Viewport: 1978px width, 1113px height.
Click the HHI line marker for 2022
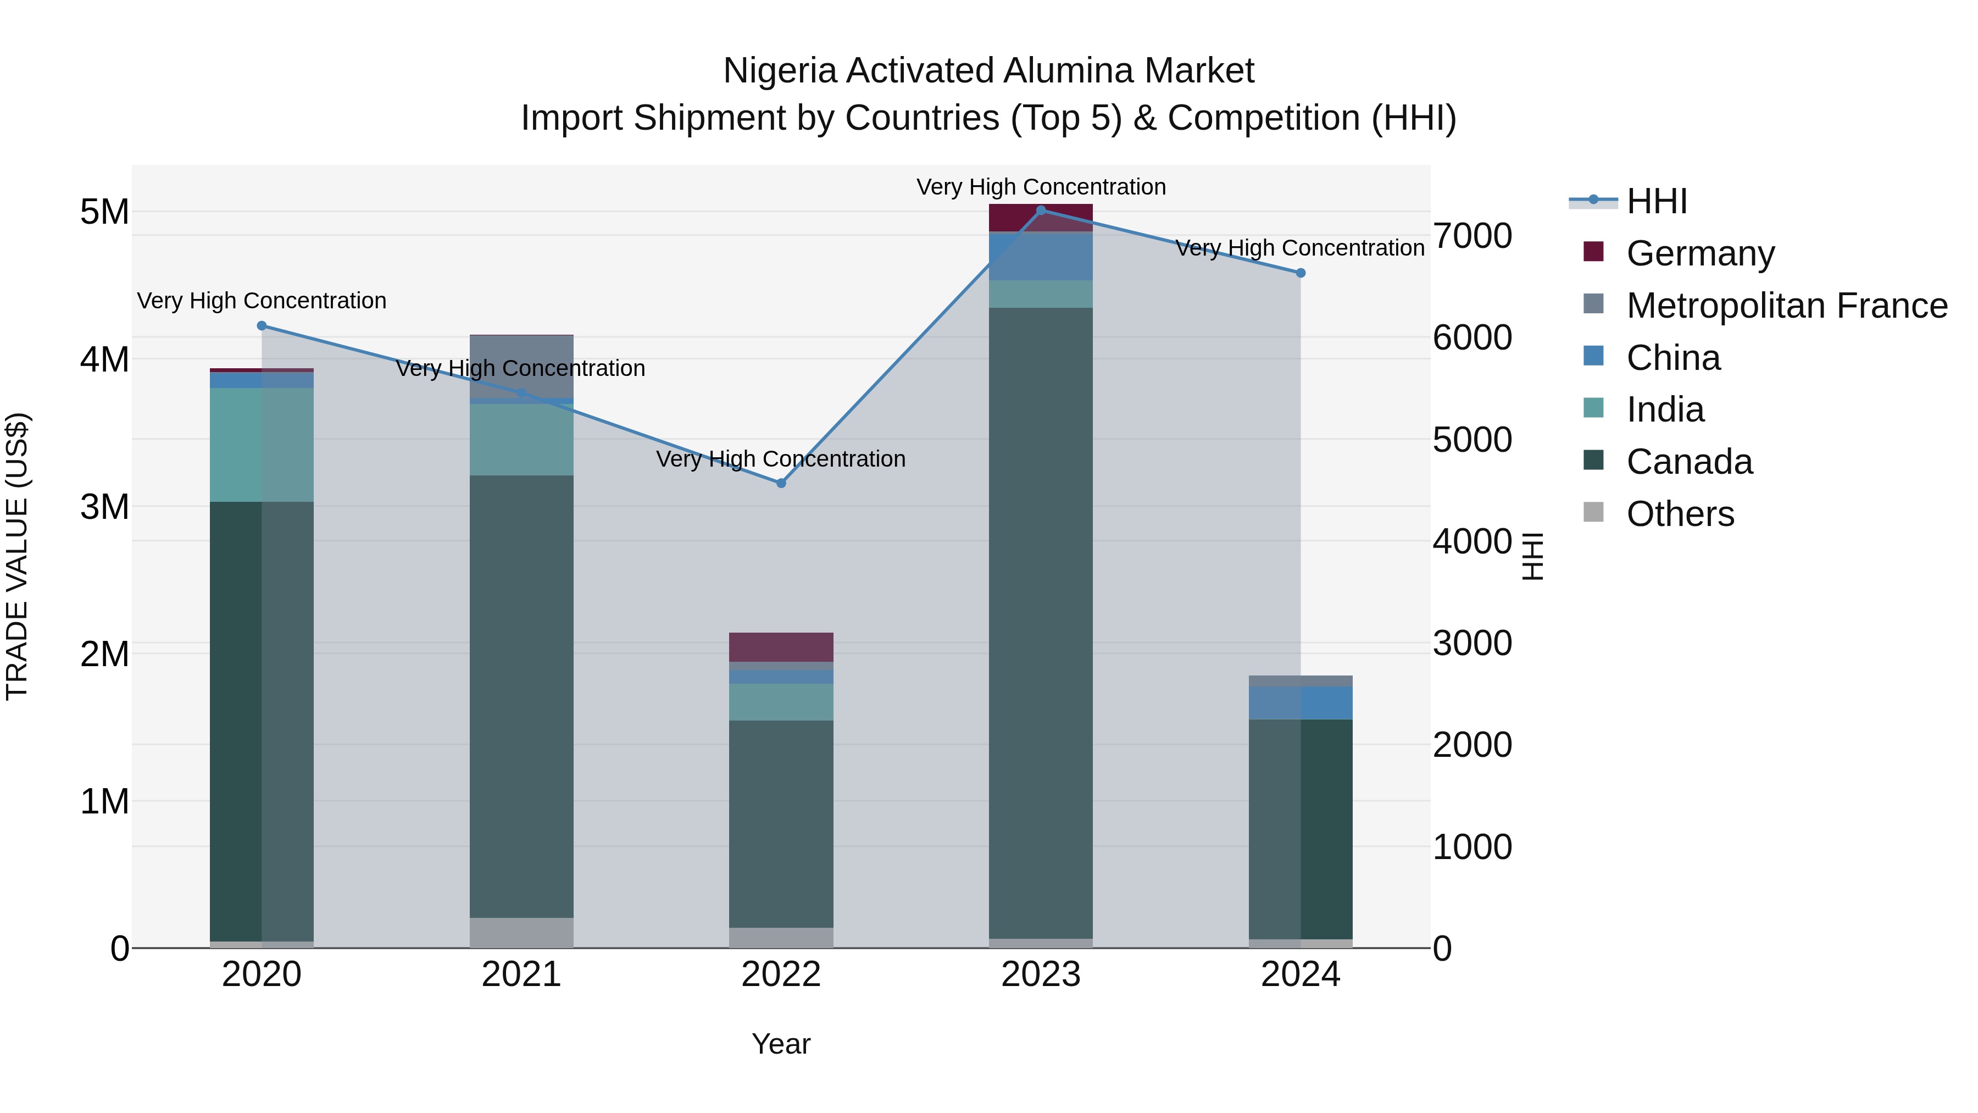tap(781, 483)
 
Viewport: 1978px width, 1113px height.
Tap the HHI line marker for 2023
tap(1041, 210)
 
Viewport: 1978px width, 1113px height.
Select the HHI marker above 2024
tap(1300, 273)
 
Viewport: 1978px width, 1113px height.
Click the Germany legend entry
tap(1700, 253)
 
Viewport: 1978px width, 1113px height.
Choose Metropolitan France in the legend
tap(1786, 306)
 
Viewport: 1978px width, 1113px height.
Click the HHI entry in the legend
tap(1655, 201)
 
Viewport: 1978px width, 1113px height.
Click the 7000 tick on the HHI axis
tap(1472, 236)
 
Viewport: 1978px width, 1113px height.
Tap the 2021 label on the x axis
tap(521, 974)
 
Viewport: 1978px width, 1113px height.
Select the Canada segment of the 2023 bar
tap(1041, 622)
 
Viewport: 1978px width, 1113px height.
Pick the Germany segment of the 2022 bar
tap(781, 647)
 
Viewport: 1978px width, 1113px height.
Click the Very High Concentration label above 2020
tap(261, 301)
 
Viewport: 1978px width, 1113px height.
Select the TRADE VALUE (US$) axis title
tap(17, 556)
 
